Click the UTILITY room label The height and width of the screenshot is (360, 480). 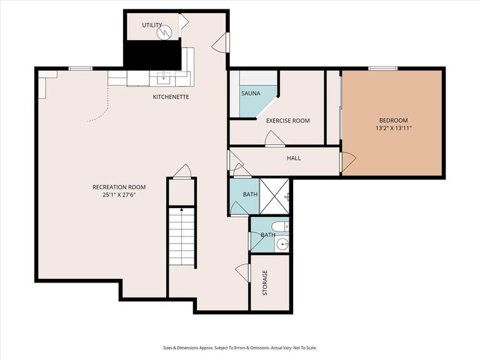[x=152, y=25]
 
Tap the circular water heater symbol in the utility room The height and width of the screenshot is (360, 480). [x=166, y=32]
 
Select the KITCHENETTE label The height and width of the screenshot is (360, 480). [x=171, y=97]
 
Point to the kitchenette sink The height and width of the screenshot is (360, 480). [x=163, y=77]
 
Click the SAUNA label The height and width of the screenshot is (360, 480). [x=251, y=93]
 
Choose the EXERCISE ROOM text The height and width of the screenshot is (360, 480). [x=287, y=121]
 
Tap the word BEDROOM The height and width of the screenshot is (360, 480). [x=393, y=120]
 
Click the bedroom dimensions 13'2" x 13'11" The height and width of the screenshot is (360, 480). [x=393, y=128]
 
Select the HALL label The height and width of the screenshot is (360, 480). [x=294, y=158]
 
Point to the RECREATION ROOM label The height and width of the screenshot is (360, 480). [x=119, y=187]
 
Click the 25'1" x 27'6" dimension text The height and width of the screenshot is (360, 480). [x=119, y=195]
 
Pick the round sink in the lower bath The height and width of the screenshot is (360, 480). [x=281, y=244]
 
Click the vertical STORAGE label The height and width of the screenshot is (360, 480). [x=265, y=283]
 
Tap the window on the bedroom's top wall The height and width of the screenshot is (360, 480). [x=382, y=68]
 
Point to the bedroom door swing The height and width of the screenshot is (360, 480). [x=347, y=161]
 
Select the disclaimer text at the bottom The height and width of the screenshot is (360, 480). [x=239, y=348]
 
